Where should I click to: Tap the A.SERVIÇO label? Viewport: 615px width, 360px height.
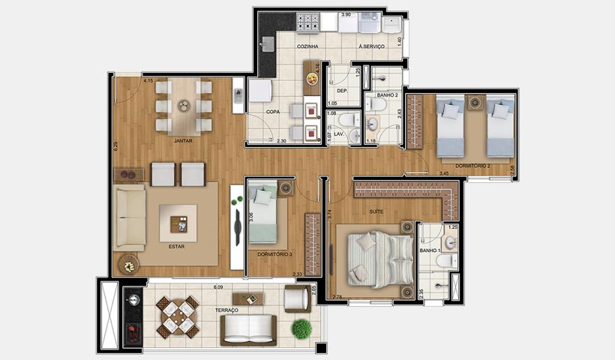(x=371, y=46)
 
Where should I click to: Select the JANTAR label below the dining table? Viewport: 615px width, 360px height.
(x=184, y=140)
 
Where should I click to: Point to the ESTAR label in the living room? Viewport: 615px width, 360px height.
(x=177, y=245)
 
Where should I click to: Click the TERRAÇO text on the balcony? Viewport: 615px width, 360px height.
(x=226, y=310)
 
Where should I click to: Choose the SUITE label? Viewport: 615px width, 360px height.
(x=376, y=211)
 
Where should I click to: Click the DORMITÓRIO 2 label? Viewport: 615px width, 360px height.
(x=472, y=164)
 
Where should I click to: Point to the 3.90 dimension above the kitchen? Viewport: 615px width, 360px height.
(x=346, y=15)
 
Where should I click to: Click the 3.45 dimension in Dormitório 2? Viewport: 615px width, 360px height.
(x=443, y=174)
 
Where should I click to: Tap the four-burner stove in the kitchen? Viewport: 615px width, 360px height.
(x=306, y=23)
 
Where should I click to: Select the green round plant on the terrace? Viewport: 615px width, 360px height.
(x=301, y=328)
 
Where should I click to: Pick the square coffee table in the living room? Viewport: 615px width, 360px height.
(x=178, y=223)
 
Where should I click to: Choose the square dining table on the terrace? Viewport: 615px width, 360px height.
(x=178, y=316)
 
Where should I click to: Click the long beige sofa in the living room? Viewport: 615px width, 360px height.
(x=129, y=218)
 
